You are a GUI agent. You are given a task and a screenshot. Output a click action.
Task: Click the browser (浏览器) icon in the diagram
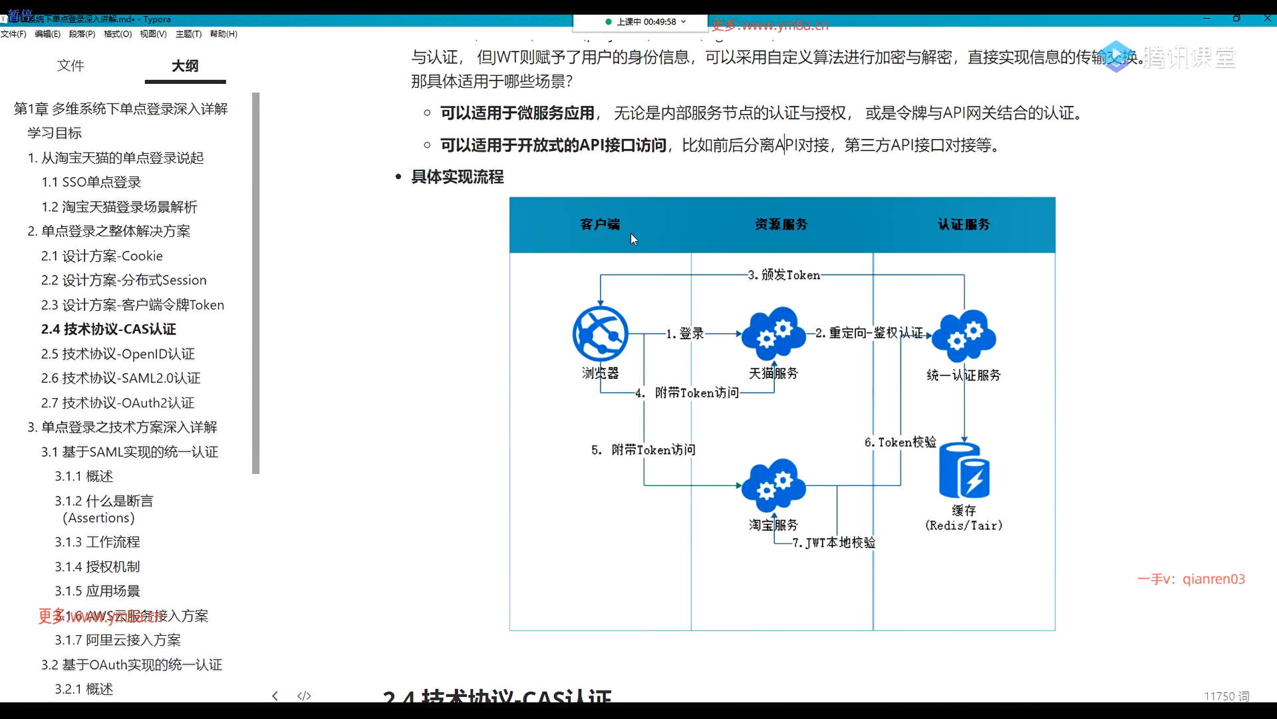coord(600,334)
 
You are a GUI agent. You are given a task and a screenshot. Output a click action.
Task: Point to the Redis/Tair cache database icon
coord(964,471)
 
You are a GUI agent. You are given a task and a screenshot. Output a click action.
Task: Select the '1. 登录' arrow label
coord(685,333)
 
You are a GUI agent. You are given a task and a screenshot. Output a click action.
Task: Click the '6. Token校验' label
coord(900,442)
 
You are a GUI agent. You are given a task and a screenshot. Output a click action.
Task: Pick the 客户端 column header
coord(600,224)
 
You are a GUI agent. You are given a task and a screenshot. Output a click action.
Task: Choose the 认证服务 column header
coord(964,224)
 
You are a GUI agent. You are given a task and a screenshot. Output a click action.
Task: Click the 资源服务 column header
coord(781,224)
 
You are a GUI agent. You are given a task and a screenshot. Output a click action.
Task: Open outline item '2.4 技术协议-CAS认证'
coord(108,329)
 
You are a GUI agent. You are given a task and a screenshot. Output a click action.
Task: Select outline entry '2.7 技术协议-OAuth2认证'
coord(118,403)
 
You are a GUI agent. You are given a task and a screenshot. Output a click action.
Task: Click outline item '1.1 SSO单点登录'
coord(91,182)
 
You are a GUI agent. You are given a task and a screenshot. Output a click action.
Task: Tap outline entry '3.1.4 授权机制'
coord(97,567)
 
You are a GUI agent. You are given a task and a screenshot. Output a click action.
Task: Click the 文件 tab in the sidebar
coord(71,65)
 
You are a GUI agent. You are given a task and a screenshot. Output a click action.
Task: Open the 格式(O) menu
coord(118,34)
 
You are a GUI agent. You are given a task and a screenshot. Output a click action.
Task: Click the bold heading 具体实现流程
coord(458,176)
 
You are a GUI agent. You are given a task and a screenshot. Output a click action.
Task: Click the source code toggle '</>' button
coord(304,696)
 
